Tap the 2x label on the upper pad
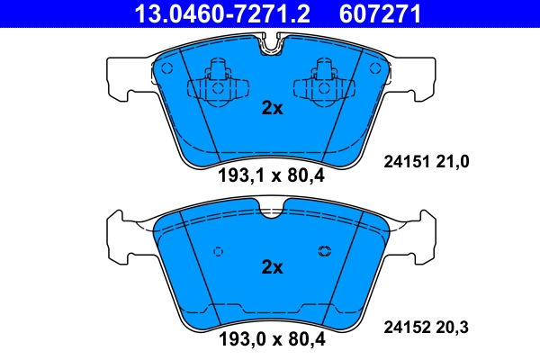click(271, 109)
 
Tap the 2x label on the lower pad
click(271, 267)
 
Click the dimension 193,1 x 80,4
click(271, 176)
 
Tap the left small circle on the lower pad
click(217, 251)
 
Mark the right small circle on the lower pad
click(324, 251)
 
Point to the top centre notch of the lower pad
click(271, 211)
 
